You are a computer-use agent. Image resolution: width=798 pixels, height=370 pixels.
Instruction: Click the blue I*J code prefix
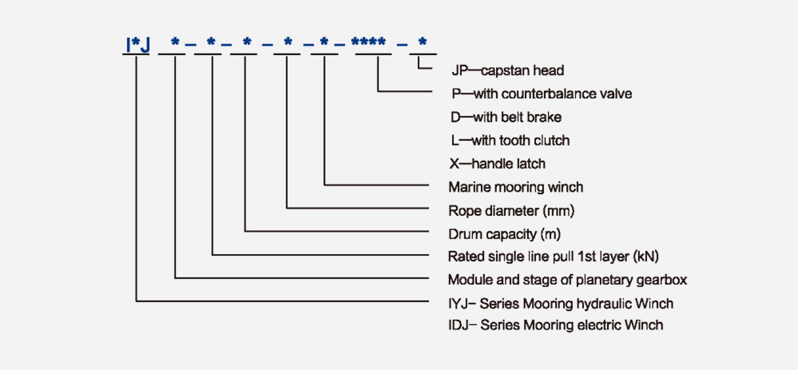(x=136, y=45)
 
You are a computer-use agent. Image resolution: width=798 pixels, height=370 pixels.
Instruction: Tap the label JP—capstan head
(x=507, y=71)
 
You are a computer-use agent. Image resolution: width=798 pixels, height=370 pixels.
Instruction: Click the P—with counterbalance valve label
(x=541, y=94)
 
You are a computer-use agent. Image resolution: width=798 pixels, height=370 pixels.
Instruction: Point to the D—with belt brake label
(x=505, y=117)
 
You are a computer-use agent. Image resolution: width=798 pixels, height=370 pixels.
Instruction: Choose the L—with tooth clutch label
(x=510, y=141)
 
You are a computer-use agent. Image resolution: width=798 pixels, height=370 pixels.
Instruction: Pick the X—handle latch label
(x=497, y=164)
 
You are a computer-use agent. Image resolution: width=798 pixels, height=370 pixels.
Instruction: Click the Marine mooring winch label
(x=515, y=187)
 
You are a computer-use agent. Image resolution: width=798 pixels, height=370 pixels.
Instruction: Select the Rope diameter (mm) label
(x=511, y=211)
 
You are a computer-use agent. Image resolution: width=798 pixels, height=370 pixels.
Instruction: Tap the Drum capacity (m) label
(x=504, y=234)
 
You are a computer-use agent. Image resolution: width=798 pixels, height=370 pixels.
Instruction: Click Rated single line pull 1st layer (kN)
(x=553, y=256)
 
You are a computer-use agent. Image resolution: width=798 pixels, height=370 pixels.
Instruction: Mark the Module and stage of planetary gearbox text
(x=567, y=280)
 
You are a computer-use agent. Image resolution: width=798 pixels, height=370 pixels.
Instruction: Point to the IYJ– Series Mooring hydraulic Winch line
(x=561, y=304)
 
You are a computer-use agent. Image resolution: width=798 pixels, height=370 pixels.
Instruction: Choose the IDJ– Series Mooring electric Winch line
(x=555, y=325)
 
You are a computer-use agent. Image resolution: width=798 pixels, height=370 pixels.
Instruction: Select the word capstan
(x=501, y=71)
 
